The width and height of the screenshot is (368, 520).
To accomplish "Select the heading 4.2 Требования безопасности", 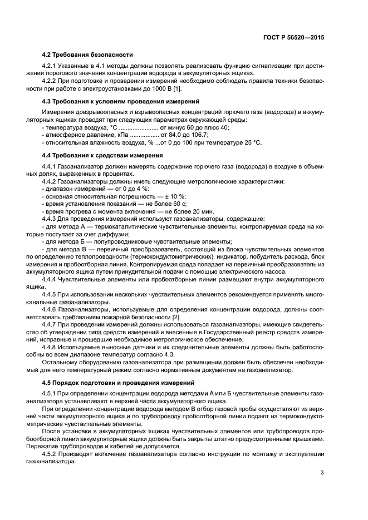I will [87, 55].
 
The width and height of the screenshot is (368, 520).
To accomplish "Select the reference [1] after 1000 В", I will [176, 88].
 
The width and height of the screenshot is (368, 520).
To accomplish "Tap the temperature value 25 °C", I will [251, 142].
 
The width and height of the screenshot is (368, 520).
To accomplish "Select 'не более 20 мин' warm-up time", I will [192, 211].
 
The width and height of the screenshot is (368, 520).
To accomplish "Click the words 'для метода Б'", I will [66, 241].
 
